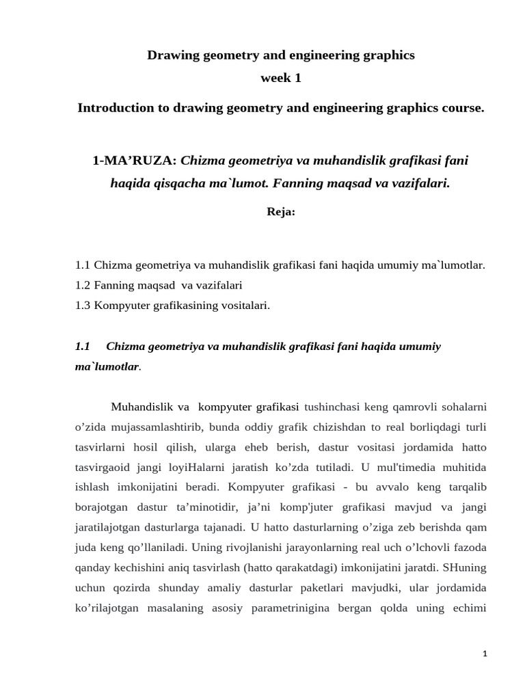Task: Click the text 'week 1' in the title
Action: pos(280,79)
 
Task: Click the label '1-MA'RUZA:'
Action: pos(134,161)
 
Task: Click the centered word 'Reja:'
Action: pos(280,212)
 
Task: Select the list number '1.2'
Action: pos(83,285)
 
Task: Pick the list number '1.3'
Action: pos(83,306)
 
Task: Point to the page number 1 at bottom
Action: pos(484,654)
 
